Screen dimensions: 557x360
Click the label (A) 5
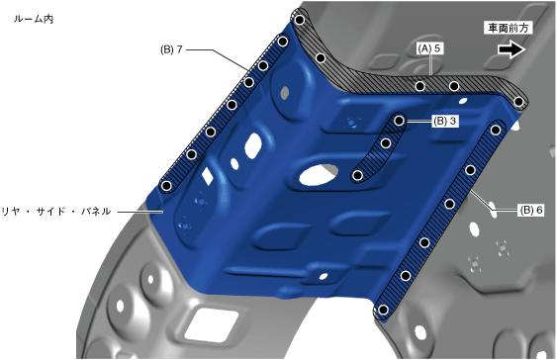[429, 48]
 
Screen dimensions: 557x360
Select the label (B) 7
[171, 49]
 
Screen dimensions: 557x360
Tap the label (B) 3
[445, 121]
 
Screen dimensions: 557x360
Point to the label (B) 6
[531, 211]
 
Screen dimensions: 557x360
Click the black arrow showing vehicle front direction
[511, 49]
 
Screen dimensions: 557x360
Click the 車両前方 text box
[509, 28]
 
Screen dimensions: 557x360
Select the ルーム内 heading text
[34, 19]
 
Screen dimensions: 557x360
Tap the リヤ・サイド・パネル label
[56, 212]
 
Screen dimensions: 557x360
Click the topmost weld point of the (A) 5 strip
[300, 20]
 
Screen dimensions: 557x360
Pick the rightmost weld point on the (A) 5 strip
[518, 102]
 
